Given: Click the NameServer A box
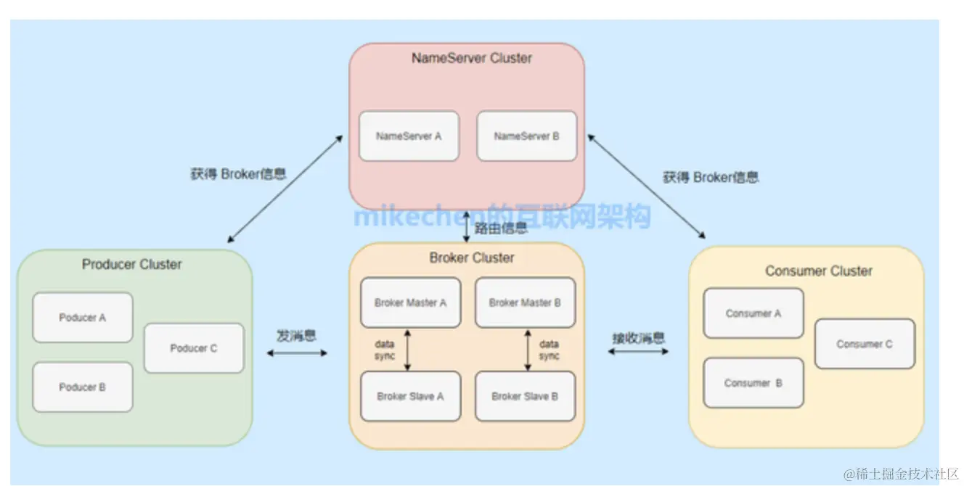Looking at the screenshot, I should (x=409, y=136).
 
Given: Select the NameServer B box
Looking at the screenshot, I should (x=526, y=136).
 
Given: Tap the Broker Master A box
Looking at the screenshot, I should (x=410, y=302).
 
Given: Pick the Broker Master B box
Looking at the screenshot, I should (x=525, y=302).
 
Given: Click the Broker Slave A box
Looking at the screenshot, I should (x=410, y=396).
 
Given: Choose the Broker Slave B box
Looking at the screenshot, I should (x=525, y=396).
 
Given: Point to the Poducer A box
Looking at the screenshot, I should (x=83, y=318).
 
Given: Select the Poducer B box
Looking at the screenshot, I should (x=83, y=387).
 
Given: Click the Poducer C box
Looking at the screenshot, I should (x=194, y=348).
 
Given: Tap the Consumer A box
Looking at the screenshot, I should (x=753, y=313).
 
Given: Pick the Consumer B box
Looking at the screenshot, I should (x=753, y=382).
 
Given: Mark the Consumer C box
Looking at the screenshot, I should (x=865, y=344).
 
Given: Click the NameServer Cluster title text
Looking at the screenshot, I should (x=472, y=58).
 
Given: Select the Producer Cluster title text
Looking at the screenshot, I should (x=132, y=264).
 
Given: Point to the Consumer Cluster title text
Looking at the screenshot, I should (x=819, y=271).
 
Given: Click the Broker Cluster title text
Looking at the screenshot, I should (x=472, y=258).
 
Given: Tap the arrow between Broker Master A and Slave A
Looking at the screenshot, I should (x=407, y=350).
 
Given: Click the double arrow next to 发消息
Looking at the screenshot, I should (x=298, y=353).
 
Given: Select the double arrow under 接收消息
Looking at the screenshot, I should (x=638, y=352).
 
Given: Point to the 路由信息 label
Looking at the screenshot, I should (x=501, y=229).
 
